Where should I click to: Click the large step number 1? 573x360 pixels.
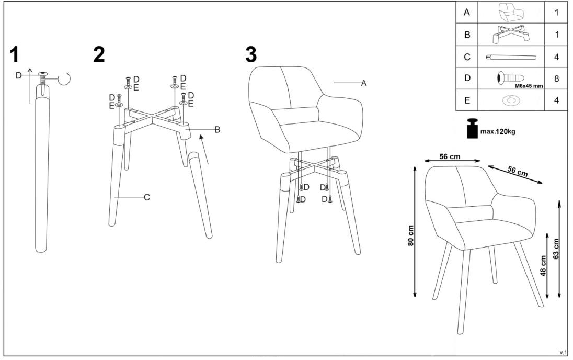[x=14, y=55]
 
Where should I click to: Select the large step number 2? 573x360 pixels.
[x=99, y=55]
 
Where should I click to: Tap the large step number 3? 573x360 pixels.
[x=251, y=55]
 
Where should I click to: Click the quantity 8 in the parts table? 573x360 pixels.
[x=556, y=78]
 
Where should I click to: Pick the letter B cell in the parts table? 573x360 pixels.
[x=467, y=35]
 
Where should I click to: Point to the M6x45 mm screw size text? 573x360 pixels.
[x=529, y=86]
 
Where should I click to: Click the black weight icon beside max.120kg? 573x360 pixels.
[x=473, y=128]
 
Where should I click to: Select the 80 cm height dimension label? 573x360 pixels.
[x=411, y=235]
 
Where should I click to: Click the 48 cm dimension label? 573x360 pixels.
[x=543, y=266]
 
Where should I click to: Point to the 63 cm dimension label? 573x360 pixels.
[x=556, y=249]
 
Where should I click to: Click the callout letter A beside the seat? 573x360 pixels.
[x=363, y=83]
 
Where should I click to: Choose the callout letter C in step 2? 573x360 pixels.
[x=147, y=198]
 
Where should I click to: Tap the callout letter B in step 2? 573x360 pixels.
[x=217, y=130]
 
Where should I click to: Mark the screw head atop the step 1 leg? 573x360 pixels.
[x=43, y=74]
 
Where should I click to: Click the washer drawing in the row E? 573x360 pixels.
[x=511, y=100]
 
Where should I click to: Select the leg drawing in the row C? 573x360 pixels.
[x=511, y=57]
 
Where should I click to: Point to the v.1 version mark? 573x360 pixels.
[x=563, y=352]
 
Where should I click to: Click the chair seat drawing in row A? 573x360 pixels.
[x=510, y=12]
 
